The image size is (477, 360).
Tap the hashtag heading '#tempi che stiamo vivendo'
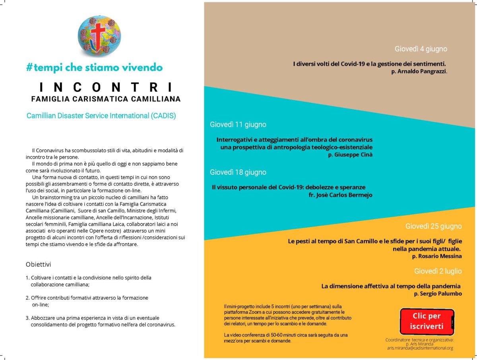94,68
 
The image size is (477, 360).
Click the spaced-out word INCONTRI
106,87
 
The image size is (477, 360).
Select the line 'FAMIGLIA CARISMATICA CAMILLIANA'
106,99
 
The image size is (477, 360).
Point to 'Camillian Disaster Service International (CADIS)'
101,116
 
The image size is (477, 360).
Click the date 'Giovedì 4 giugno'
421,49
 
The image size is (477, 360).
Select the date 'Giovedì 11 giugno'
238,124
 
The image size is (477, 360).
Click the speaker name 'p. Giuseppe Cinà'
350,155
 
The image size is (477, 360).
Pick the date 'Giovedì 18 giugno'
238,172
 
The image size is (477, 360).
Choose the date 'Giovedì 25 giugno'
433,226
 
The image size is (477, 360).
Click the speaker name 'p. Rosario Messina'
437,256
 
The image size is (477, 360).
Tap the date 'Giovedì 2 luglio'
438,271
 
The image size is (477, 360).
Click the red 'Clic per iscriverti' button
427,321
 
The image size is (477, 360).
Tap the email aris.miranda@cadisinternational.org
420,348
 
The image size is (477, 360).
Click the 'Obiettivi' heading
38,264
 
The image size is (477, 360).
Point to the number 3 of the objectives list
27,318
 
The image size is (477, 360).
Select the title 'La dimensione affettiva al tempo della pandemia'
391,286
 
